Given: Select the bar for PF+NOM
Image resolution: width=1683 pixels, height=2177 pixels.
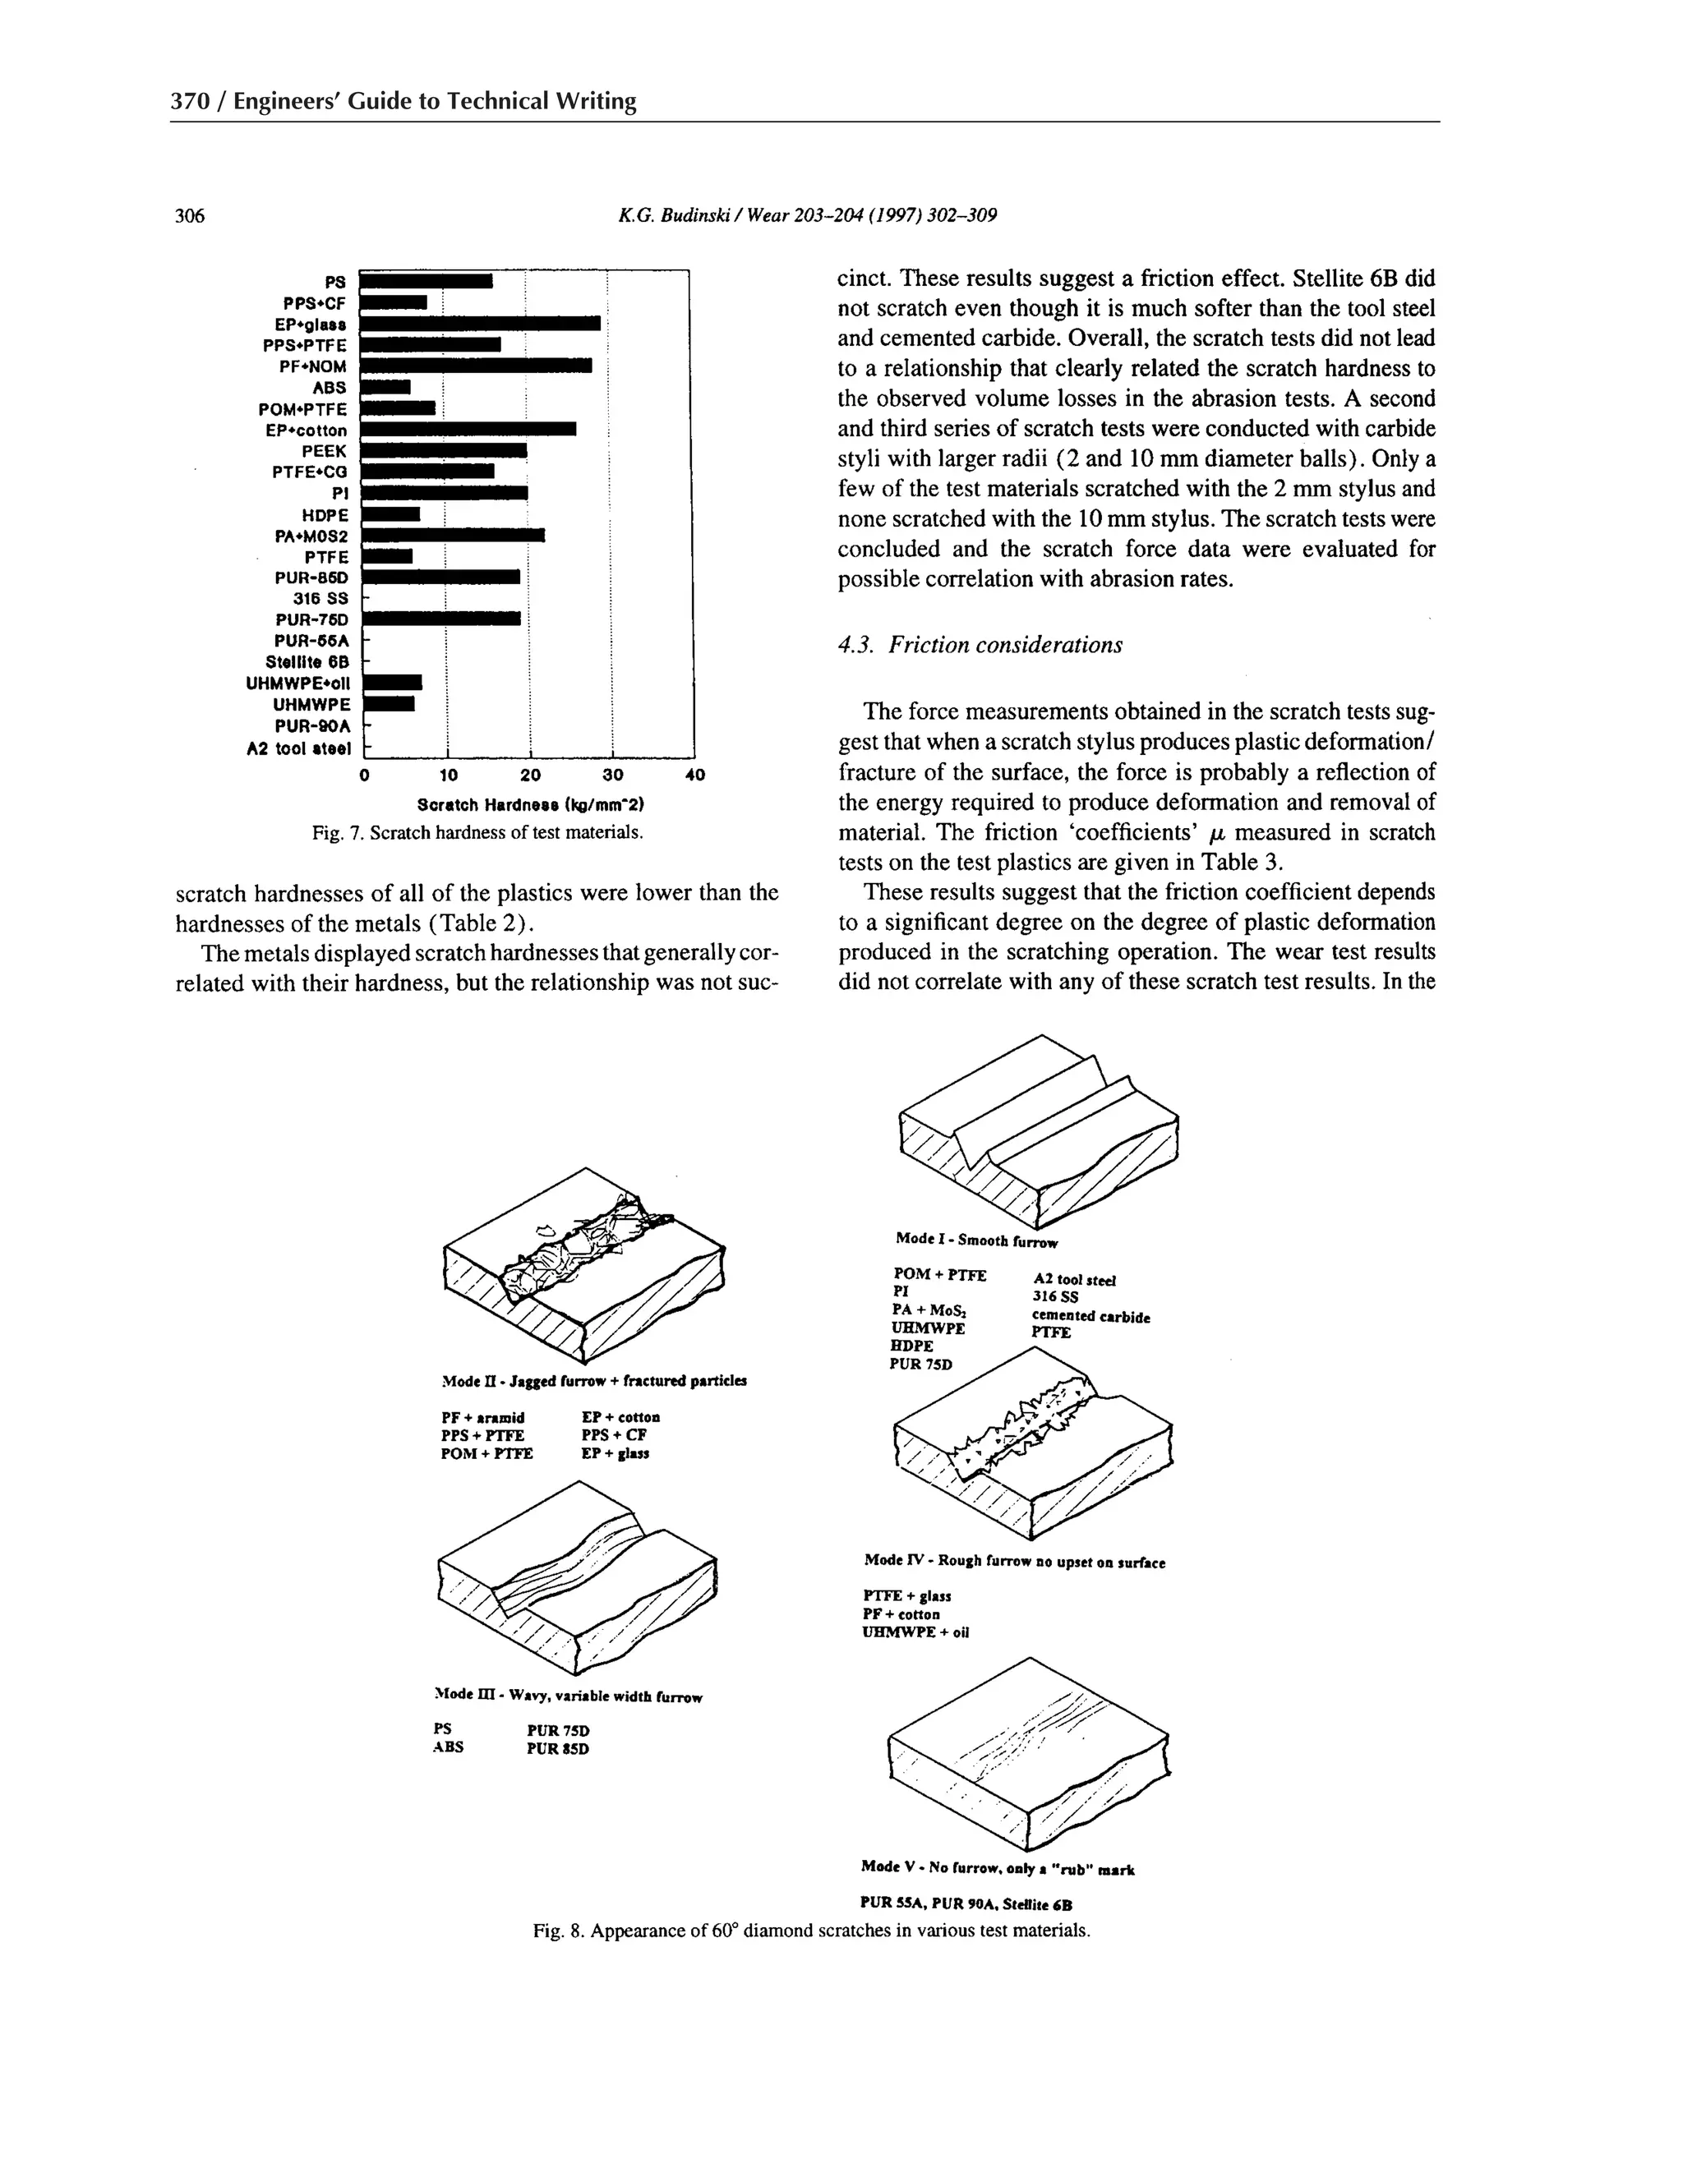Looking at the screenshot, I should coord(475,366).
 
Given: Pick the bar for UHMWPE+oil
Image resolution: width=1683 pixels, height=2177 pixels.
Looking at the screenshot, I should coord(392,683).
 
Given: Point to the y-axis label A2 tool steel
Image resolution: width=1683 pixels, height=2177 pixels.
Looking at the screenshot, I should coord(298,748).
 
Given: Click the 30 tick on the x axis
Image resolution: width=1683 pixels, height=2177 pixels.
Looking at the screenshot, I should coord(612,775).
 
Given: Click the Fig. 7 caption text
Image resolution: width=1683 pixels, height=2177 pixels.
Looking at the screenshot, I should coord(477,832).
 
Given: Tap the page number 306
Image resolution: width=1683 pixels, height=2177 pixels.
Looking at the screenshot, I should coord(190,215).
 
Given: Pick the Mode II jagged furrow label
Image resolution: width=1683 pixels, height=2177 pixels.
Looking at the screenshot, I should coord(593,1382).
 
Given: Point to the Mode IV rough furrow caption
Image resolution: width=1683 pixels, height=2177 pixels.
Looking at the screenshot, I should coord(1014,1562).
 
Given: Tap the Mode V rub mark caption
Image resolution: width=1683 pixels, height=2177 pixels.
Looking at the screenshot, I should coord(997,1868).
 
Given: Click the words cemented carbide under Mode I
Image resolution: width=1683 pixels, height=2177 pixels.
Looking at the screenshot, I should coord(1090,1317).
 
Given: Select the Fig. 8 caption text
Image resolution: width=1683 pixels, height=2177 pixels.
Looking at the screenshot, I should coord(810,1931).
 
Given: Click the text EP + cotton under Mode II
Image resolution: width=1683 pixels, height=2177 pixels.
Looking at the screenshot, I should coord(620,1416).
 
